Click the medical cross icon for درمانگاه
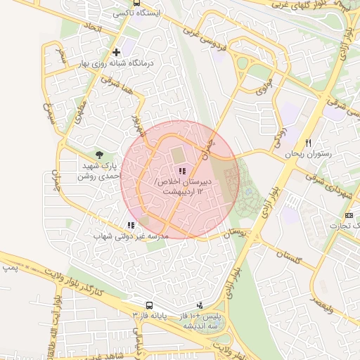[116, 52]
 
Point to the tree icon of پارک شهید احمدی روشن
[99, 155]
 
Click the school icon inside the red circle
[182, 171]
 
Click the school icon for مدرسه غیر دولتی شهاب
[130, 225]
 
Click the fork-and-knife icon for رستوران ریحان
[308, 143]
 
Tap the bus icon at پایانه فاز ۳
[149, 305]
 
